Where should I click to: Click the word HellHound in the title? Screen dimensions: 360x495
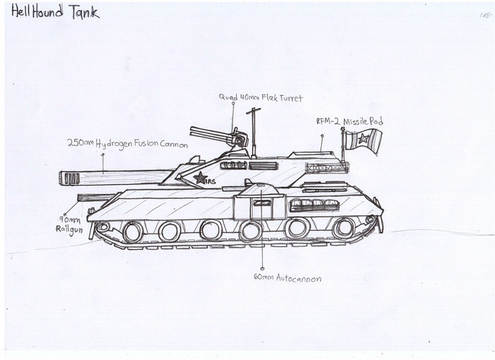39,12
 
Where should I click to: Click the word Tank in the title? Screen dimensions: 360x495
84,13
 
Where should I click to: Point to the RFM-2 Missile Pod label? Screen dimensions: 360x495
349,122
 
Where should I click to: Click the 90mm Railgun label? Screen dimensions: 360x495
67,225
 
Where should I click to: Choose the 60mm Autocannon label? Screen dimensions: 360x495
287,277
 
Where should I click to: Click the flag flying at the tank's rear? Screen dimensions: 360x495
363,141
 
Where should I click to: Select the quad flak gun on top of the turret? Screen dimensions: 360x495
217,137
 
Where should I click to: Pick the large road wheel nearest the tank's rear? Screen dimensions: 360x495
343,228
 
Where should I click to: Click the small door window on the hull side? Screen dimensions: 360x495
262,203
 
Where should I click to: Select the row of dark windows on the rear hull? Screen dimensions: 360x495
316,205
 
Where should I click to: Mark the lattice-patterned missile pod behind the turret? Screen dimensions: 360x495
326,167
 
